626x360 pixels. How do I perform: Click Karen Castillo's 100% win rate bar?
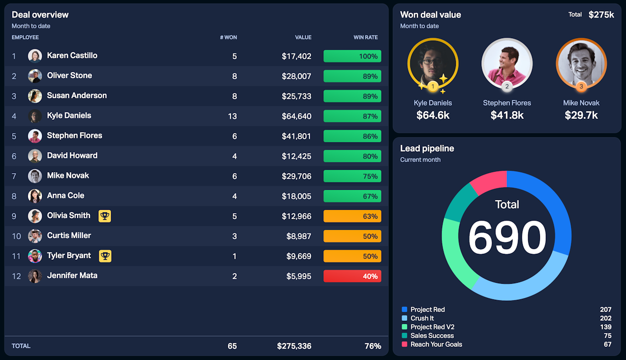point(352,56)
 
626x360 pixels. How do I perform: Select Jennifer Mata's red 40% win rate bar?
point(352,276)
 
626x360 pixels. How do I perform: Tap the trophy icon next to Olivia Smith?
point(105,216)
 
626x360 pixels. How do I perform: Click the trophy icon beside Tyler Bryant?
point(105,256)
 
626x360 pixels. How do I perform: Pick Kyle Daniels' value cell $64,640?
point(296,116)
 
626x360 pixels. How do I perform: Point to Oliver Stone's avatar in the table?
point(35,76)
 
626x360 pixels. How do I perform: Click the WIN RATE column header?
point(365,38)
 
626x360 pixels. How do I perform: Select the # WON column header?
point(228,38)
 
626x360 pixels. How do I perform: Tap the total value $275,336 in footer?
point(294,346)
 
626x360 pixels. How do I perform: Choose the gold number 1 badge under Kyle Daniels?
point(432,87)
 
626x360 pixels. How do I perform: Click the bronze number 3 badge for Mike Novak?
point(581,87)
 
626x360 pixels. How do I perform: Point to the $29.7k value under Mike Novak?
point(581,115)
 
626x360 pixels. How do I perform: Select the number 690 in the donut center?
point(507,238)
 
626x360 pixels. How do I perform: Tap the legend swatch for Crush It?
point(404,318)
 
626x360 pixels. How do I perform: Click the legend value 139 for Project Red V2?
point(605,327)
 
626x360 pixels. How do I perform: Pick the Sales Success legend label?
point(432,336)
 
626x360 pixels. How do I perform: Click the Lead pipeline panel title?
point(427,149)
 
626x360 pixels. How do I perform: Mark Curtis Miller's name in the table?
point(69,236)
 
